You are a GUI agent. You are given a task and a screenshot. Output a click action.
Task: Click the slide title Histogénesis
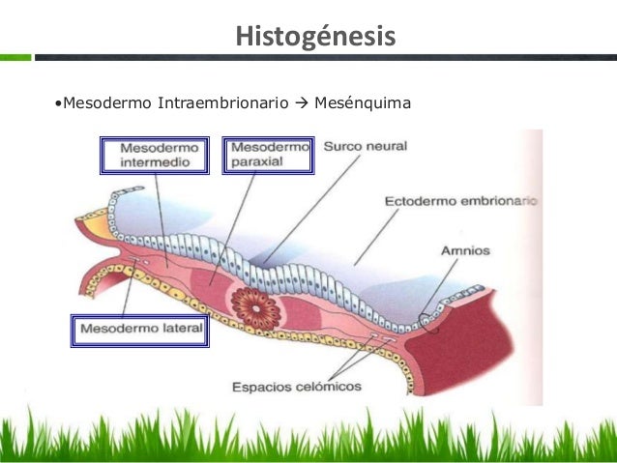click(x=315, y=37)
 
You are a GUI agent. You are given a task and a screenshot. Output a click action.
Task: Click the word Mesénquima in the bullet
click(x=370, y=101)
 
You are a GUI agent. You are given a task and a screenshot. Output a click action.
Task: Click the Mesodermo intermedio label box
click(x=160, y=156)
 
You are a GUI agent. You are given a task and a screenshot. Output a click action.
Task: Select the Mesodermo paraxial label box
click(x=268, y=155)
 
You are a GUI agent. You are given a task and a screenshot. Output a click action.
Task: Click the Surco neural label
click(x=366, y=148)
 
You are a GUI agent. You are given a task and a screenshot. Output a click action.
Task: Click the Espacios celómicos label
click(x=296, y=388)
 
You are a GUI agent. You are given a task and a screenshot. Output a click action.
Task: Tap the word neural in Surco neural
click(x=387, y=148)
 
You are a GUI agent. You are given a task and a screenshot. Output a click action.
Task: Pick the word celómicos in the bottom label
click(x=328, y=388)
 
